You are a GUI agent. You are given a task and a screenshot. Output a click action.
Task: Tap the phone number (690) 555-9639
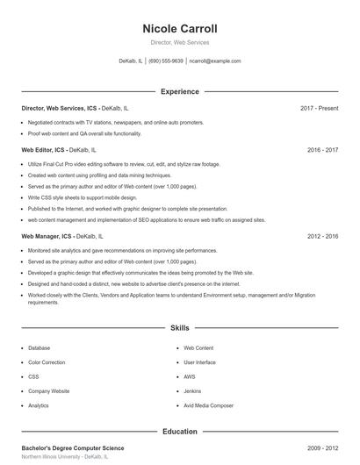pos(166,61)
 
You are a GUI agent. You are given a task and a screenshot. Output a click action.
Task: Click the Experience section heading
pos(179,91)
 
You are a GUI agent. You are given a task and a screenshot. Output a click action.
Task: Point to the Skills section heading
pos(179,327)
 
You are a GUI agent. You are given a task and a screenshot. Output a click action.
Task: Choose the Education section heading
pos(179,432)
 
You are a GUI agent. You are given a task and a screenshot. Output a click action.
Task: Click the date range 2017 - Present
pos(319,108)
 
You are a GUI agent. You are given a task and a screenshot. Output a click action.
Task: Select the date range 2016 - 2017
pos(322,150)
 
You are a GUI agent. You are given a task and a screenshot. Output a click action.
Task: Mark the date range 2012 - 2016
pos(322,236)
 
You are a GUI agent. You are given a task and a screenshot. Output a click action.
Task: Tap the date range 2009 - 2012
pos(322,448)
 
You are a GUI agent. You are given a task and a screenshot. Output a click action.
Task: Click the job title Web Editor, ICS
pos(44,150)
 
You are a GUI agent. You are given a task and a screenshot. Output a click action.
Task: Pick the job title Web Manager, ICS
pos(47,236)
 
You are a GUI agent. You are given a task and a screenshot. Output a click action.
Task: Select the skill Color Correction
pos(47,362)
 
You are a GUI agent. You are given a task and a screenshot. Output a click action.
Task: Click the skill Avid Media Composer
pos(208,405)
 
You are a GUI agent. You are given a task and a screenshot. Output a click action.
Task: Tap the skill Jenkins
pos(192,391)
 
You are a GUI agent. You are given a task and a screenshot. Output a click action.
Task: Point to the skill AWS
pos(190,376)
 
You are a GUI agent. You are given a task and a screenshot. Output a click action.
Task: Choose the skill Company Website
pos(48,391)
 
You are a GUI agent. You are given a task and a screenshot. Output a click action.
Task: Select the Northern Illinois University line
pos(65,457)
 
